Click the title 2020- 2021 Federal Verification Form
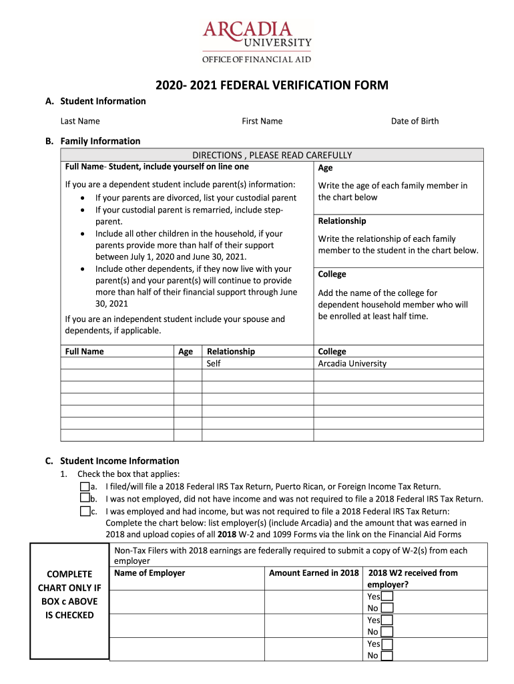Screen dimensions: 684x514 pyautogui.click(x=272, y=85)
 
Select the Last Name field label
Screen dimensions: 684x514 pyautogui.click(x=80, y=121)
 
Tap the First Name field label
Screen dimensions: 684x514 pyautogui.click(x=262, y=121)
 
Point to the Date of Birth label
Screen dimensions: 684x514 pyautogui.click(x=415, y=121)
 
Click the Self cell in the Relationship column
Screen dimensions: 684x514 pyautogui.click(x=214, y=363)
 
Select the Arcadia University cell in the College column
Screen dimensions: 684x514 pyautogui.click(x=352, y=363)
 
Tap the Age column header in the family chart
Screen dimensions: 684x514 pyautogui.click(x=186, y=351)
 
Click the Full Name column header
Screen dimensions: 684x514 pyautogui.click(x=84, y=351)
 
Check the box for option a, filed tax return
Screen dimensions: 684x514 pyautogui.click(x=85, y=487)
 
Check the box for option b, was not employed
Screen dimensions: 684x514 pyautogui.click(x=85, y=498)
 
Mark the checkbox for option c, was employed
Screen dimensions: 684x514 pyautogui.click(x=85, y=511)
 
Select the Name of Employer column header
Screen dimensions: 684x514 pyautogui.click(x=150, y=572)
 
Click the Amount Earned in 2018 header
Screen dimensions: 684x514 pyautogui.click(x=314, y=572)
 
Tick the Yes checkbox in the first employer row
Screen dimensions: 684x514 pyautogui.click(x=387, y=596)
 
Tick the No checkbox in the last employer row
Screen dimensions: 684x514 pyautogui.click(x=387, y=655)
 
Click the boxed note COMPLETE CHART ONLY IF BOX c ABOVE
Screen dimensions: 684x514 pyautogui.click(x=69, y=594)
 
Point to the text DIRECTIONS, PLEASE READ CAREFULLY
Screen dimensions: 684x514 pyautogui.click(x=272, y=155)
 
